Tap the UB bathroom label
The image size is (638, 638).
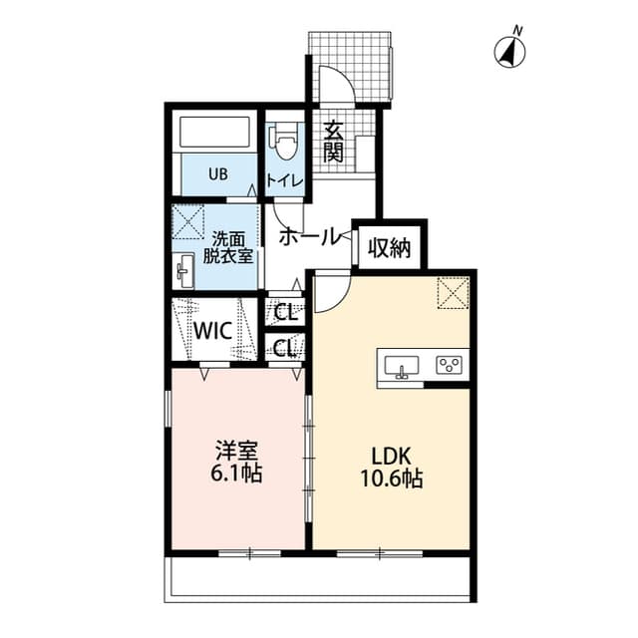pos(217,173)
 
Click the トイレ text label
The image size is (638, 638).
pos(286,180)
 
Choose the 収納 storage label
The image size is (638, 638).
pos(390,247)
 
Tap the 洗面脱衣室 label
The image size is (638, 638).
pos(228,247)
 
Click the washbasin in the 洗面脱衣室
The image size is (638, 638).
pos(184,270)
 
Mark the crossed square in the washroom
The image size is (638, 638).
pos(188,220)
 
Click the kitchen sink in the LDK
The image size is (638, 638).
pos(403,365)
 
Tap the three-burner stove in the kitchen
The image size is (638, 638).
pos(450,365)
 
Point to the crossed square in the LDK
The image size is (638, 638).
pos(454,293)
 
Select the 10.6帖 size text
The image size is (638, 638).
pos(391,479)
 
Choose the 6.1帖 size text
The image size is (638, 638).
pos(236,475)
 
